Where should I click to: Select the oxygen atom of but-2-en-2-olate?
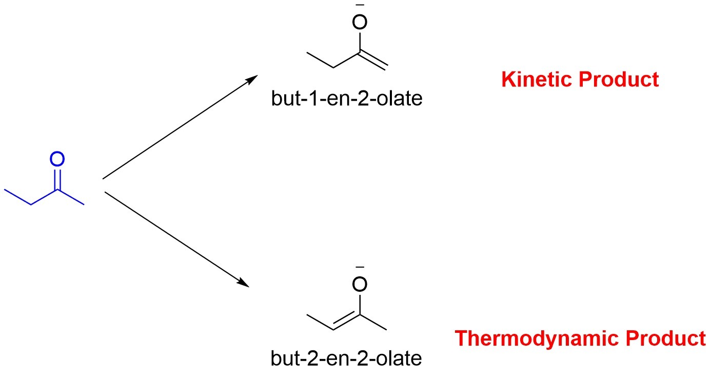(360, 284)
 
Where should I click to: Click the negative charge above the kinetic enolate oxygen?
(360, 5)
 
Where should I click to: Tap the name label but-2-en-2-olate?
(346, 358)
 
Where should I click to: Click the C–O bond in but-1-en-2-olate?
(360, 41)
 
